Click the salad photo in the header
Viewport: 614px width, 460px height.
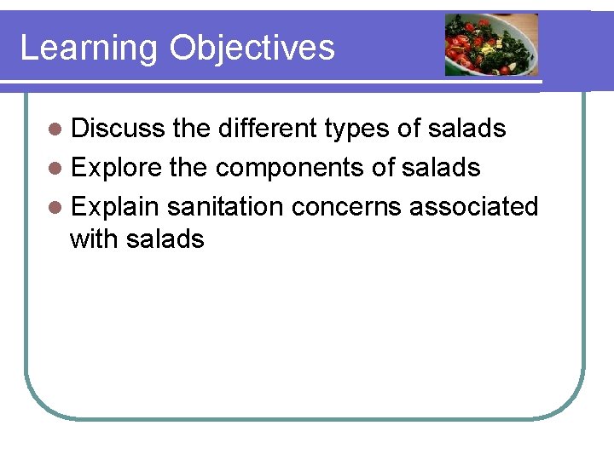point(491,44)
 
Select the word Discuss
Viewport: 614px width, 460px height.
point(118,129)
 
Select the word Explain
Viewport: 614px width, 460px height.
point(116,207)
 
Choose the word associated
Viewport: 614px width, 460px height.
point(474,207)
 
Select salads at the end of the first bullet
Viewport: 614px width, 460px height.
point(466,129)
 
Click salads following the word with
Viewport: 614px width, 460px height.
point(165,239)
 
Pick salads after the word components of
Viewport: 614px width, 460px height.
point(441,168)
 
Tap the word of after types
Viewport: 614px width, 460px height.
point(410,129)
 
